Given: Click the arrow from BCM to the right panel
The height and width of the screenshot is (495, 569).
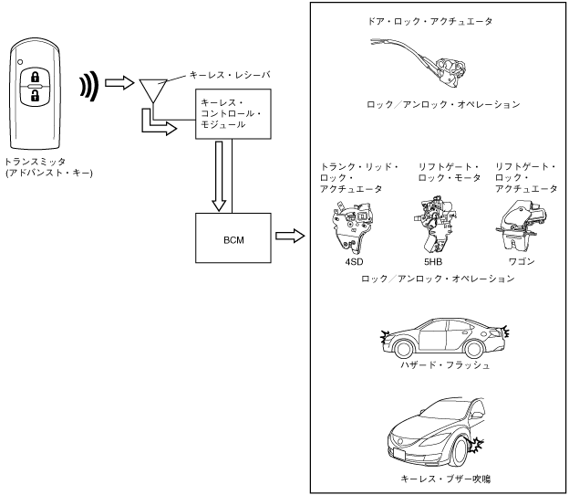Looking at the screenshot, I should point(288,237).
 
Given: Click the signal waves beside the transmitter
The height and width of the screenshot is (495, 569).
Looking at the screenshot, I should point(88,85).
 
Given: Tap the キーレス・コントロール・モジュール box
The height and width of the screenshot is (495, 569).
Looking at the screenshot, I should point(232,114).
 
